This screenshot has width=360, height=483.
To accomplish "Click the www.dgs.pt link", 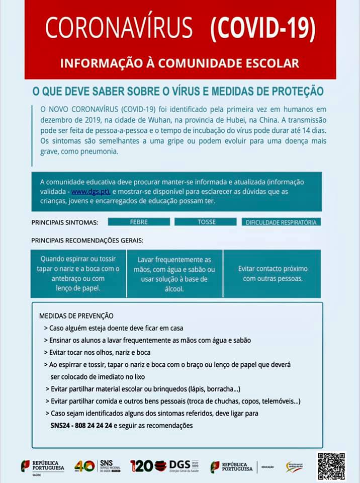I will click(x=91, y=192).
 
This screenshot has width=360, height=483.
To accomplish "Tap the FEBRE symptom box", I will click(x=139, y=222).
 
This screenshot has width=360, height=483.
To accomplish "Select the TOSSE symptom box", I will click(x=206, y=222).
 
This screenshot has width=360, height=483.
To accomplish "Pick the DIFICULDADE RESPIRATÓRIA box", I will click(x=281, y=222).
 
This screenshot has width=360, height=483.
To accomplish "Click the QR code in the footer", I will click(x=331, y=466).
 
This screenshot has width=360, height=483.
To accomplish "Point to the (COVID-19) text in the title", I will click(x=263, y=28).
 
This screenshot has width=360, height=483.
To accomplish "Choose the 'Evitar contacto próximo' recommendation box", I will click(x=273, y=273).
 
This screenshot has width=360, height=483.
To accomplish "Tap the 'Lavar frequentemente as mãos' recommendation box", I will click(x=174, y=274).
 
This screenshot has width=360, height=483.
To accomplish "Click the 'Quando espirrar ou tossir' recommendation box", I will click(x=78, y=273).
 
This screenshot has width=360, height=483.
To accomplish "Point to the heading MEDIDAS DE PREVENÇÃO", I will click(x=76, y=316).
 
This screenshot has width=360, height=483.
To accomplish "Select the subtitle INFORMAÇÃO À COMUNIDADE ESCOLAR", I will click(x=179, y=63).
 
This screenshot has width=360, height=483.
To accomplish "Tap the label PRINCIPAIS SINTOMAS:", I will click(x=65, y=222).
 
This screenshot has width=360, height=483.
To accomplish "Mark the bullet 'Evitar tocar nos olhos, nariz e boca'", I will click(x=100, y=352).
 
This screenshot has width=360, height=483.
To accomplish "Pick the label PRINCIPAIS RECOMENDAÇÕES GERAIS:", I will click(x=87, y=240).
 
